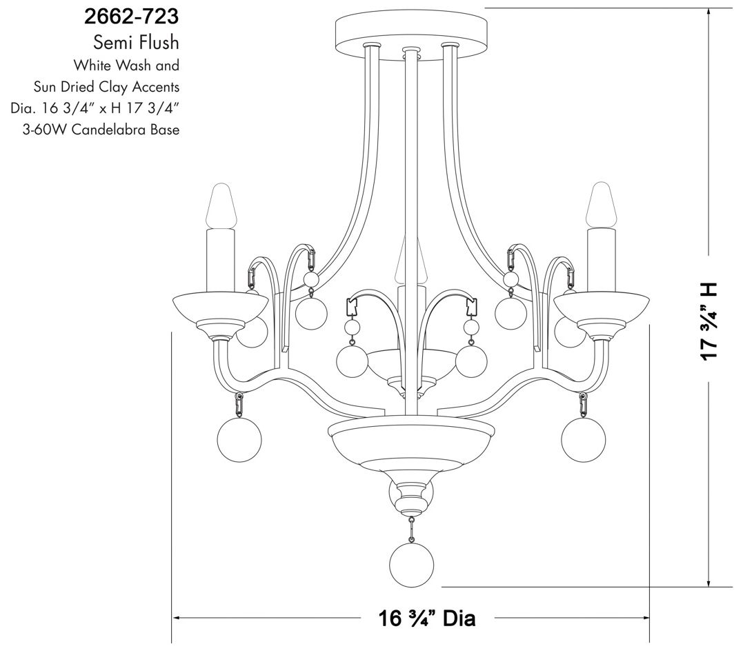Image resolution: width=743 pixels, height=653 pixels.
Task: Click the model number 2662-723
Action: (x=126, y=15)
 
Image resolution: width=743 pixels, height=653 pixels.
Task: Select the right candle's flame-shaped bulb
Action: (x=600, y=205)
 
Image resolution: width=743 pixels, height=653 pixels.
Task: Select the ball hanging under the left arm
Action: (x=239, y=440)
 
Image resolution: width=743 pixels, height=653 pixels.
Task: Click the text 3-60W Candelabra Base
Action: (x=101, y=130)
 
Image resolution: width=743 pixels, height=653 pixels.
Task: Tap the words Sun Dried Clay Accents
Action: (x=106, y=88)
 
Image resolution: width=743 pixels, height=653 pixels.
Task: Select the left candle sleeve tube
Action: (x=221, y=259)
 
